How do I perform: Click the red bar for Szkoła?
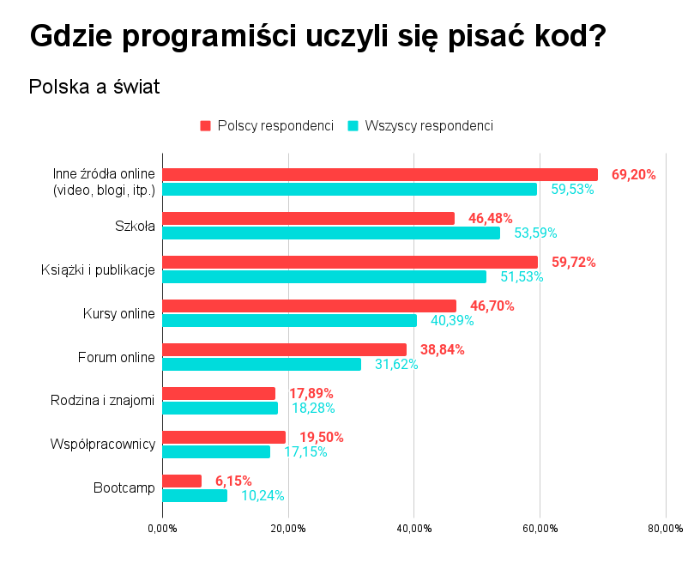(308, 218)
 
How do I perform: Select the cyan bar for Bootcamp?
(195, 495)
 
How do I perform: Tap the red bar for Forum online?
(284, 349)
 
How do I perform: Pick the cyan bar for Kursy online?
(289, 320)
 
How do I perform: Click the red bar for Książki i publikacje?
(350, 262)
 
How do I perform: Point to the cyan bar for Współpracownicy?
(216, 451)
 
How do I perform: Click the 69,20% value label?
(633, 174)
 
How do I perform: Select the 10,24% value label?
(263, 495)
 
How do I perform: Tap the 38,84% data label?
(442, 349)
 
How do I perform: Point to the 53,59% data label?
(535, 233)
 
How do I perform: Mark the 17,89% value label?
(311, 393)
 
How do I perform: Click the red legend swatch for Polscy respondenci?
(205, 126)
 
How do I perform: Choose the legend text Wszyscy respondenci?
(429, 126)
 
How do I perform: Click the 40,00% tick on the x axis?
(413, 529)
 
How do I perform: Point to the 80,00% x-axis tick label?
(665, 529)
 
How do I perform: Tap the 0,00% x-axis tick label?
(162, 529)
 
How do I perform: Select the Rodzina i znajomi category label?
(104, 400)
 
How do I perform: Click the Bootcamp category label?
(124, 487)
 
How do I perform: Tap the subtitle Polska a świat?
(94, 87)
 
